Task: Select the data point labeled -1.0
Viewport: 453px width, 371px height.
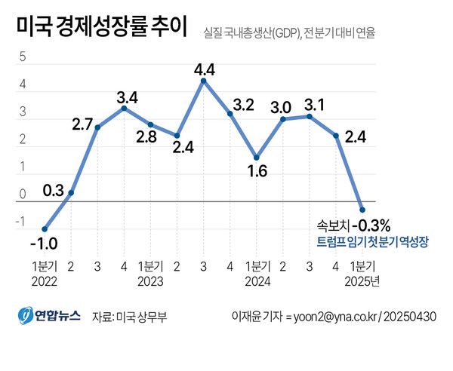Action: click(x=45, y=229)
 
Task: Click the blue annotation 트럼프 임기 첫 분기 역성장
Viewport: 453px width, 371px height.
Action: click(x=372, y=242)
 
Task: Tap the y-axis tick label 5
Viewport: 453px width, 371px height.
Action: click(x=23, y=58)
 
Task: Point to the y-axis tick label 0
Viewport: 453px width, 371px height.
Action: click(x=23, y=195)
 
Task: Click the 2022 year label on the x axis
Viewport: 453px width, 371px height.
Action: click(x=44, y=281)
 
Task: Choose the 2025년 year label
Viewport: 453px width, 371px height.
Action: click(x=362, y=281)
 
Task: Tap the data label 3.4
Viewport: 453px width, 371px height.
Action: click(x=127, y=97)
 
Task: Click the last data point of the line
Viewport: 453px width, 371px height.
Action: click(x=362, y=210)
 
